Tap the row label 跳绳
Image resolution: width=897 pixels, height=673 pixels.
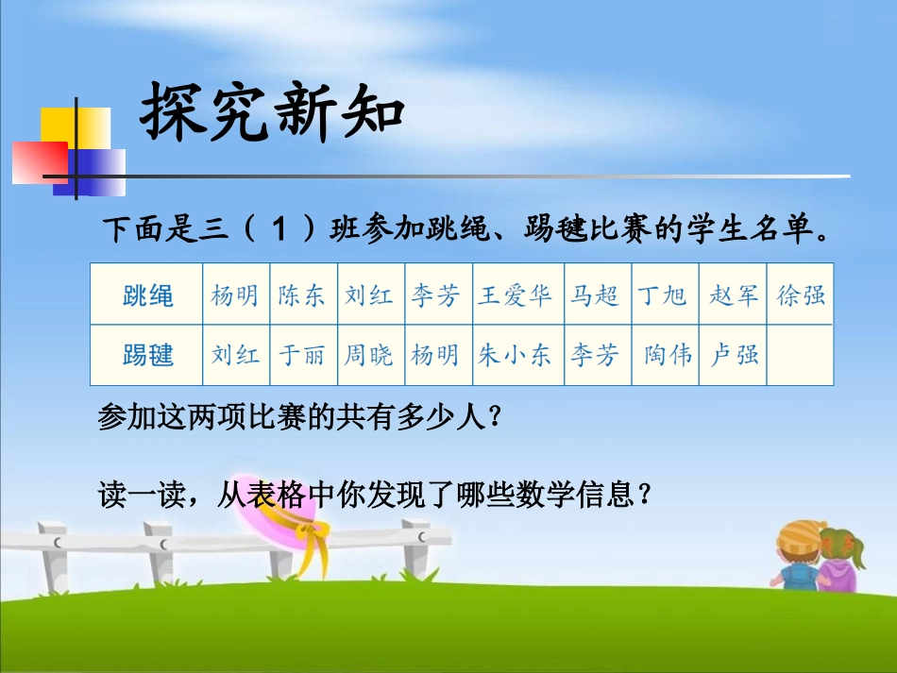[x=148, y=295]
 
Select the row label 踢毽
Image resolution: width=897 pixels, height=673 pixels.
[x=148, y=355]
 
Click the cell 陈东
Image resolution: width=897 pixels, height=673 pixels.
[x=302, y=295]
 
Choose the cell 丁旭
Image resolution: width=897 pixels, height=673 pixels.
[x=663, y=295]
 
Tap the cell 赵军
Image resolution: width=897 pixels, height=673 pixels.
[x=734, y=295]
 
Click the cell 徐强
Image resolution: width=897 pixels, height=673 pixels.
[x=801, y=295]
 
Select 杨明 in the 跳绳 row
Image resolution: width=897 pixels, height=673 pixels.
[x=235, y=295]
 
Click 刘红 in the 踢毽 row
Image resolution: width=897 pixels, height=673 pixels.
[x=235, y=355]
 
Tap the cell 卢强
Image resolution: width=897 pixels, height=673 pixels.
[x=734, y=355]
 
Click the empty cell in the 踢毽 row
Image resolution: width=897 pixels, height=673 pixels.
[x=801, y=355]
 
